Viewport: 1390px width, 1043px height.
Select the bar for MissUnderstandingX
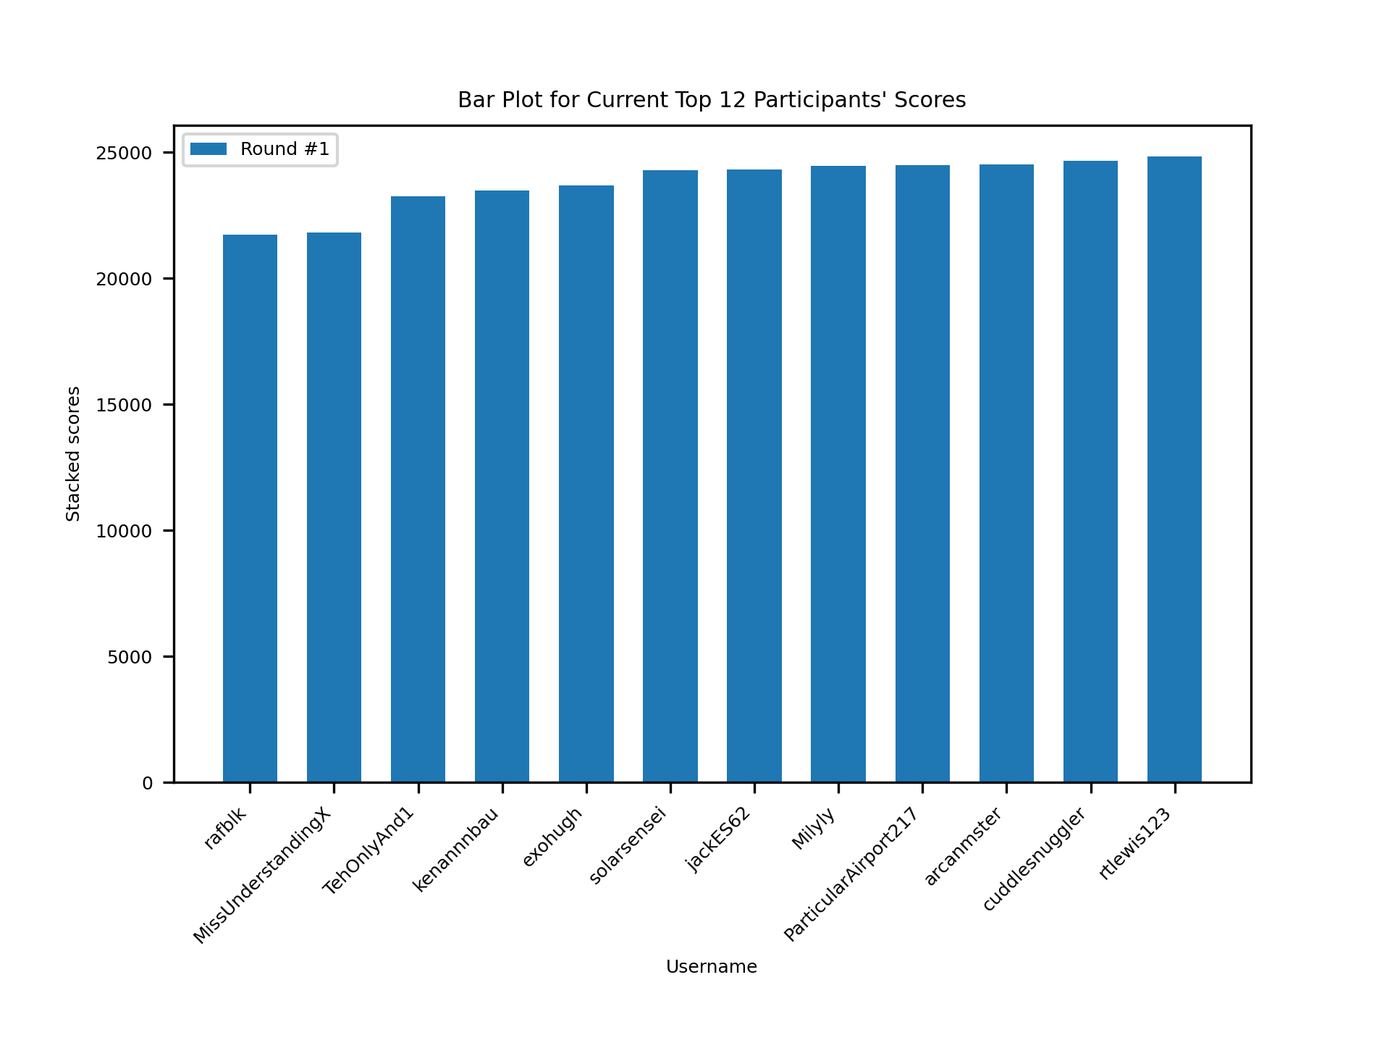[334, 507]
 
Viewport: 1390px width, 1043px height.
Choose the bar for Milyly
[838, 474]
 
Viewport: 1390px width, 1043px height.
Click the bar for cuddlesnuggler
[1090, 472]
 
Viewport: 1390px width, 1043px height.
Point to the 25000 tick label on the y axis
[124, 154]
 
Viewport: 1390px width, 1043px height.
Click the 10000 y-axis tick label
[124, 532]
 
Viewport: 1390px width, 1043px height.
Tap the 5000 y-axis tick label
[130, 658]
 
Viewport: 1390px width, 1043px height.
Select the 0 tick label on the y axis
[148, 784]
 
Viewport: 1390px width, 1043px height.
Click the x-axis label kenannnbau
[456, 850]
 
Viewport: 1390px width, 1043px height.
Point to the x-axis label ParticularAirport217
[851, 874]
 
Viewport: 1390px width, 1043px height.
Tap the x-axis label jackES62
[718, 839]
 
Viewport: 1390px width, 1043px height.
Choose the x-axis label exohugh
[552, 837]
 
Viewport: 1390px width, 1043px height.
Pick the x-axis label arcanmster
[964, 847]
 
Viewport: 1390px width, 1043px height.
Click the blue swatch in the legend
[208, 149]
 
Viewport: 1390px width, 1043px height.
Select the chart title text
[712, 100]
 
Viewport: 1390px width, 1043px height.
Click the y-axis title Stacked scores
[73, 453]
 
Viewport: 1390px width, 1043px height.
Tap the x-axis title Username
[712, 967]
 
